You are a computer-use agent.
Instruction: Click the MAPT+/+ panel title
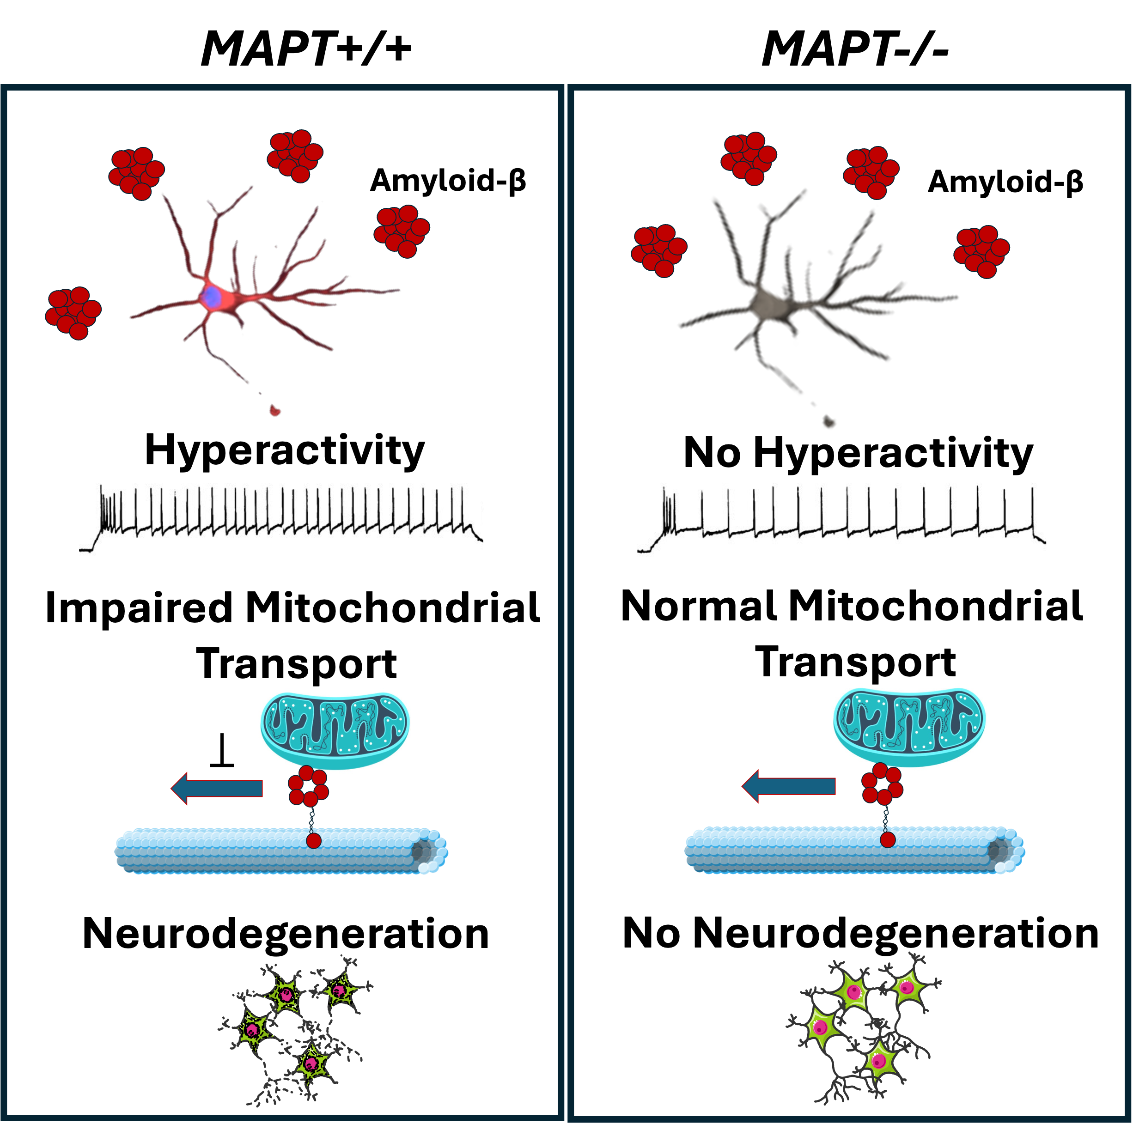point(305,49)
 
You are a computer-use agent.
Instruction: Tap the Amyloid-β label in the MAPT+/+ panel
point(448,181)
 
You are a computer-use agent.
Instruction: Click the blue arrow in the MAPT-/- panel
point(789,786)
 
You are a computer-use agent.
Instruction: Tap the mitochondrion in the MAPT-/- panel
point(909,728)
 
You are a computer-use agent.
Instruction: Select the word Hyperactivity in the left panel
point(285,451)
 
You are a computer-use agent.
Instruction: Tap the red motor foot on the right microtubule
point(888,839)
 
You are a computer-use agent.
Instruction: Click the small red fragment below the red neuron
point(274,410)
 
